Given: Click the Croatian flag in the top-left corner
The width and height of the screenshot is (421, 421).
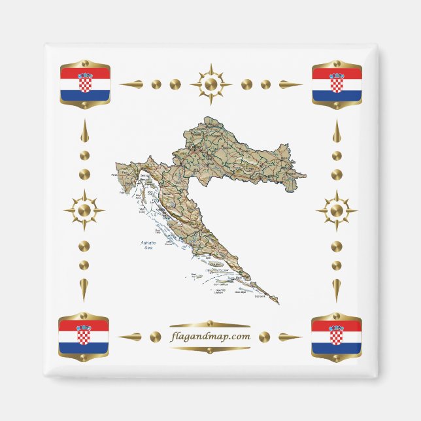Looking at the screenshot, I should (85, 84).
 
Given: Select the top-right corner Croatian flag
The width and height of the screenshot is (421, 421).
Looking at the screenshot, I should (337, 84).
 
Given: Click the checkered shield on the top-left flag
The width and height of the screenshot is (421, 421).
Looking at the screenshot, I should (85, 84).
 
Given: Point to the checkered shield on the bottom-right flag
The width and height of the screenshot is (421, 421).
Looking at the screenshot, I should (336, 335).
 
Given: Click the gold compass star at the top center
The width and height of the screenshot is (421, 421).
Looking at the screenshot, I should (210, 84).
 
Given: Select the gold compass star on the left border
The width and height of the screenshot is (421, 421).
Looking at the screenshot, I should (84, 210).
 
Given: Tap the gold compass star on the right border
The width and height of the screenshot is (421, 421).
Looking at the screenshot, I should (337, 210).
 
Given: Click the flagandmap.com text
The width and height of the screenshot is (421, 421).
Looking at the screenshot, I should (210, 337).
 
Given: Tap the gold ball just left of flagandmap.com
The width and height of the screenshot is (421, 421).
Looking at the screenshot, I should (155, 337).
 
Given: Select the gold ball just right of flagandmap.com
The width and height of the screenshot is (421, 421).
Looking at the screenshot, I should (264, 337).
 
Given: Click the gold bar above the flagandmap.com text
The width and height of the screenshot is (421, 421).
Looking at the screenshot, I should (210, 325).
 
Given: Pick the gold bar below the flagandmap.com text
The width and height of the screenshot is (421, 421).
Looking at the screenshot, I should (210, 348).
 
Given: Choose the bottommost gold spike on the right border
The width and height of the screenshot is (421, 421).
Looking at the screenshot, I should (337, 288).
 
